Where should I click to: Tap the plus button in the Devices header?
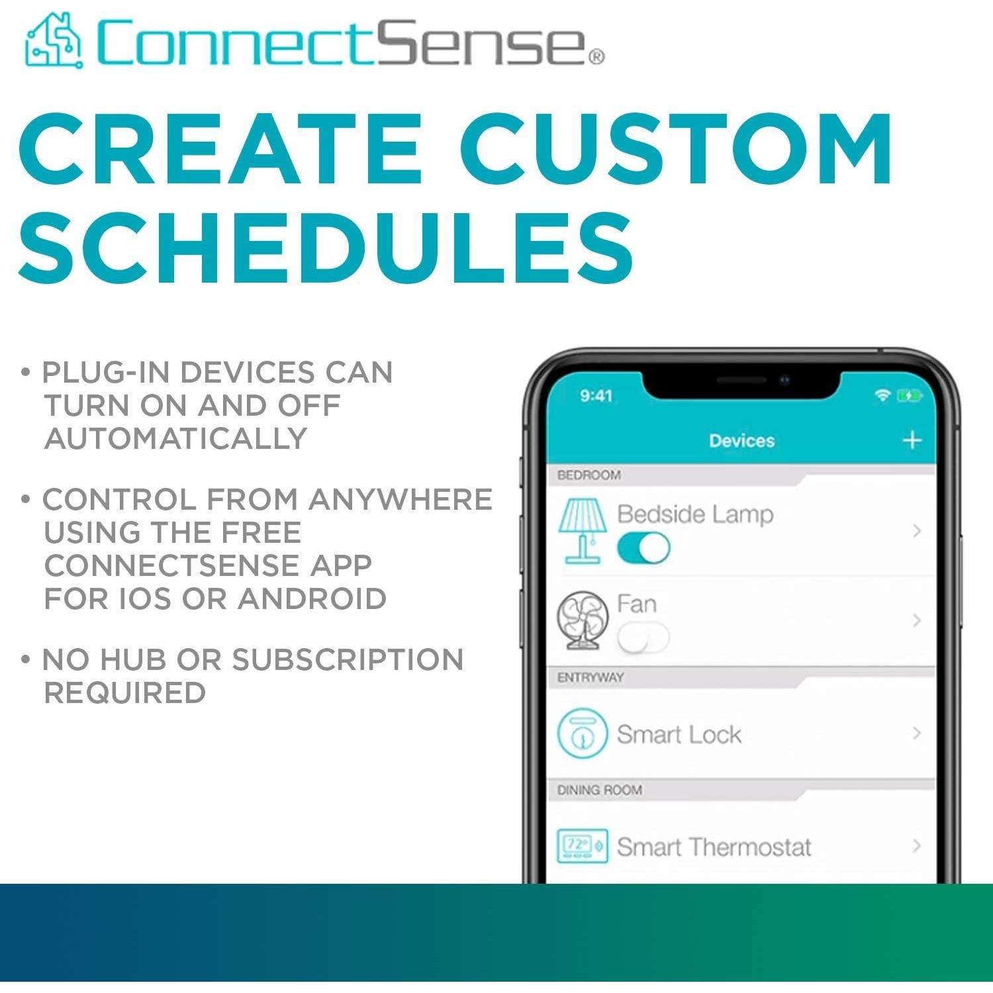[912, 440]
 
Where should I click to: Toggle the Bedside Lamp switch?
[643, 548]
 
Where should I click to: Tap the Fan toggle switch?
[643, 638]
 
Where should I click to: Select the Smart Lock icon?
[582, 733]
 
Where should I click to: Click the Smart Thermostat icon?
[582, 845]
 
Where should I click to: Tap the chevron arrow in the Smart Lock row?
[917, 733]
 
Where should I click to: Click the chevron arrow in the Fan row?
[917, 620]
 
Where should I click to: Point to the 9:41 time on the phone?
[596, 396]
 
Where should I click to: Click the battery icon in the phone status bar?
[908, 396]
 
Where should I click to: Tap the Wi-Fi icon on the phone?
[882, 395]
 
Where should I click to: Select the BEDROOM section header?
[589, 475]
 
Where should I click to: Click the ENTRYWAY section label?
[590, 677]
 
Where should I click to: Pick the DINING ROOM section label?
[599, 790]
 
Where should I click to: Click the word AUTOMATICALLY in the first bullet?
[175, 439]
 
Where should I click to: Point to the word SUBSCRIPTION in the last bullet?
[348, 660]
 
